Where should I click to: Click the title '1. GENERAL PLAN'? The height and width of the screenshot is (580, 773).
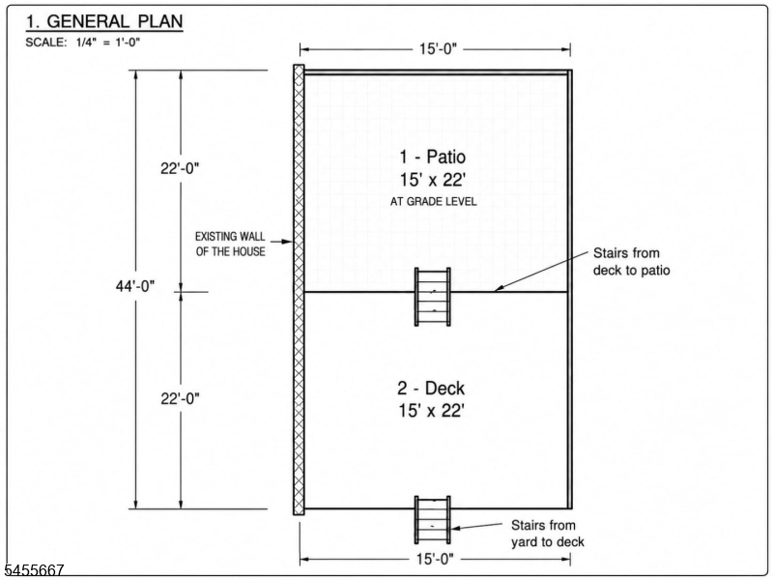(x=104, y=21)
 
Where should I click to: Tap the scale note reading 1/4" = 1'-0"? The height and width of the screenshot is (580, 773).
(x=108, y=43)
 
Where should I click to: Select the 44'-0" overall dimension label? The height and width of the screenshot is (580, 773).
(x=135, y=286)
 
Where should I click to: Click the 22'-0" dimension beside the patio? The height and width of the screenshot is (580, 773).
(x=180, y=168)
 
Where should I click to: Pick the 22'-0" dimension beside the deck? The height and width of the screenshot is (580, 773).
(x=180, y=398)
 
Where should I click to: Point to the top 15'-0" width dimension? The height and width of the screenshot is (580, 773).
(x=439, y=49)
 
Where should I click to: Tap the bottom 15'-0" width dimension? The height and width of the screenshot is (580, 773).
(x=435, y=559)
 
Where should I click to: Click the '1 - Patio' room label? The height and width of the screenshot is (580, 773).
(x=432, y=157)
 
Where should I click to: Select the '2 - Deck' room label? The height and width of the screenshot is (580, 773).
(x=431, y=389)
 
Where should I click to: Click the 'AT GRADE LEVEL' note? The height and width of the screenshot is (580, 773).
(x=433, y=202)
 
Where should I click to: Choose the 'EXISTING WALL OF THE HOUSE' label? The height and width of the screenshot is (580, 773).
(x=230, y=244)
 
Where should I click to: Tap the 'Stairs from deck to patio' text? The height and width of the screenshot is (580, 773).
(x=632, y=262)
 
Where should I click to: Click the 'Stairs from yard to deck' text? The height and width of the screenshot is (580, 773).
(x=547, y=534)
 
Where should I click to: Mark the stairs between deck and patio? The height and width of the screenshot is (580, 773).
(x=432, y=297)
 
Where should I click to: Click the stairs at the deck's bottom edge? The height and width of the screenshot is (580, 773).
(x=432, y=520)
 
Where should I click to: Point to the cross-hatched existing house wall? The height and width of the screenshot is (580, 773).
(x=299, y=290)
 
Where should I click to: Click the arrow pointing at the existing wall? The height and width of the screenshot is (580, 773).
(x=281, y=242)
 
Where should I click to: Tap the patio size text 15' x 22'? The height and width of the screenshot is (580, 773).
(x=432, y=180)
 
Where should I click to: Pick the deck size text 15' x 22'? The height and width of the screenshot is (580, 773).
(x=431, y=410)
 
